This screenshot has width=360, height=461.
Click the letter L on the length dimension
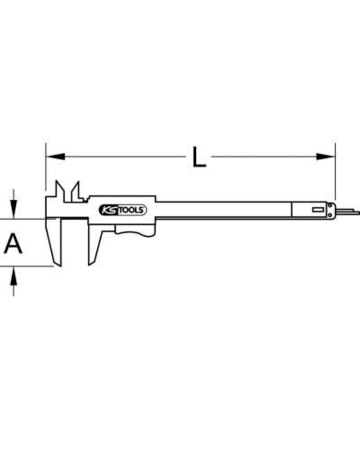pos(198,157)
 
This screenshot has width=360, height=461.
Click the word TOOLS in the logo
pos(131,210)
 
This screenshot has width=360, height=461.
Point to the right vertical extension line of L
pos(335,171)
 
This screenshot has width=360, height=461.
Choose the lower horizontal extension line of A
pos(27,266)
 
